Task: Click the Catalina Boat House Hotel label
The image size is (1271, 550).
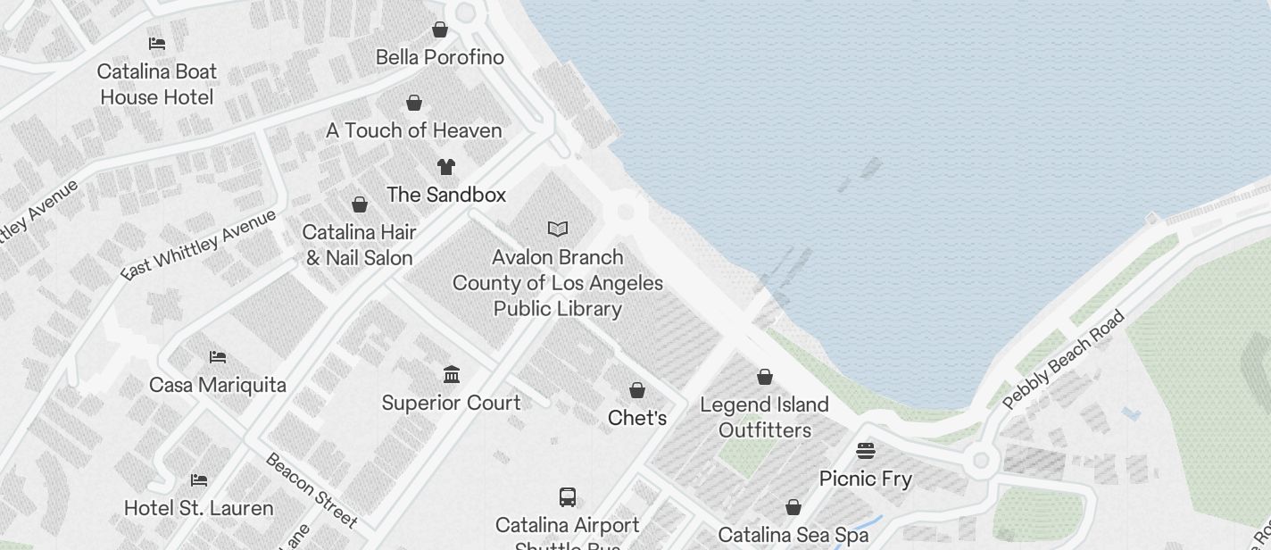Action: pyautogui.click(x=157, y=84)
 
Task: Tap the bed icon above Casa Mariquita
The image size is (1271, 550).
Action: pyautogui.click(x=218, y=357)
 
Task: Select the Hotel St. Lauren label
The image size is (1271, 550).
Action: pyautogui.click(x=199, y=508)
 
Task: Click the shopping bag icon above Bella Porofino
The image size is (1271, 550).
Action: pyautogui.click(x=440, y=29)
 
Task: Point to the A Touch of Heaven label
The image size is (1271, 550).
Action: pyautogui.click(x=414, y=130)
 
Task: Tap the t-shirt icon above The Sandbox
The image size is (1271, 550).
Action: pyautogui.click(x=446, y=167)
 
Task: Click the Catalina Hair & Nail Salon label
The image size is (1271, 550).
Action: pyautogui.click(x=360, y=245)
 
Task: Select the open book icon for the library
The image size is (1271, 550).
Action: pyautogui.click(x=558, y=229)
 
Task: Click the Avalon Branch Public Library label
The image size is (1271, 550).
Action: pyautogui.click(x=558, y=283)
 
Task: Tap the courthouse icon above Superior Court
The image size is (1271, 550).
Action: pyautogui.click(x=452, y=374)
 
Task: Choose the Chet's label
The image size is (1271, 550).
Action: pyautogui.click(x=637, y=418)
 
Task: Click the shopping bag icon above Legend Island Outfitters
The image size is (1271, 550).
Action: pyautogui.click(x=765, y=377)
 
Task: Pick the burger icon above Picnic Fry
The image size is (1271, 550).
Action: pyautogui.click(x=866, y=450)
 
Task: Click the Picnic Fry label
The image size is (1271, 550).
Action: pyautogui.click(x=866, y=479)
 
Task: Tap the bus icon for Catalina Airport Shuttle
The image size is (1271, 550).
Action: pyautogui.click(x=568, y=497)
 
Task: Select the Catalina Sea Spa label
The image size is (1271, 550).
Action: pyautogui.click(x=793, y=535)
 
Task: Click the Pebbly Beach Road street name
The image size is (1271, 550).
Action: pyautogui.click(x=1063, y=360)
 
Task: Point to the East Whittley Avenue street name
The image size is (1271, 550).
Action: pyautogui.click(x=199, y=246)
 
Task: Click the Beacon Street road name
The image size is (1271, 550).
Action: pyautogui.click(x=312, y=489)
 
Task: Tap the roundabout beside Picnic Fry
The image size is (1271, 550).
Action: pyautogui.click(x=981, y=461)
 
